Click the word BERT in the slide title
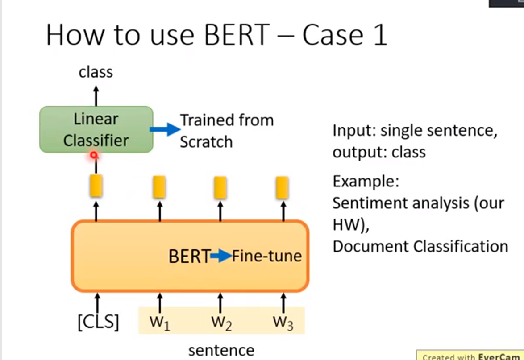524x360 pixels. coord(243,35)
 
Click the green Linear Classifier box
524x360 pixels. coord(96,129)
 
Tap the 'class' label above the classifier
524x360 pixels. coord(96,72)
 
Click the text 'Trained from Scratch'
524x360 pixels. coord(226,131)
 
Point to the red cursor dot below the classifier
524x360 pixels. coord(94,155)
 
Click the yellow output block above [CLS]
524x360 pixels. coord(96,186)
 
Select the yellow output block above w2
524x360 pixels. coord(220,187)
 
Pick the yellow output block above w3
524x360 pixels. coord(282,187)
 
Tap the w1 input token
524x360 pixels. coord(160,322)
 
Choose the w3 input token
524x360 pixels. coord(283,322)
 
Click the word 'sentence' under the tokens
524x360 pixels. coord(221,350)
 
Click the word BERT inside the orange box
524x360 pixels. coord(189,257)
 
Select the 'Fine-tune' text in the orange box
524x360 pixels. coord(267,257)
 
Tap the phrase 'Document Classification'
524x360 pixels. coord(420,246)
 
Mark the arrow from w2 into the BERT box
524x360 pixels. coord(220,302)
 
